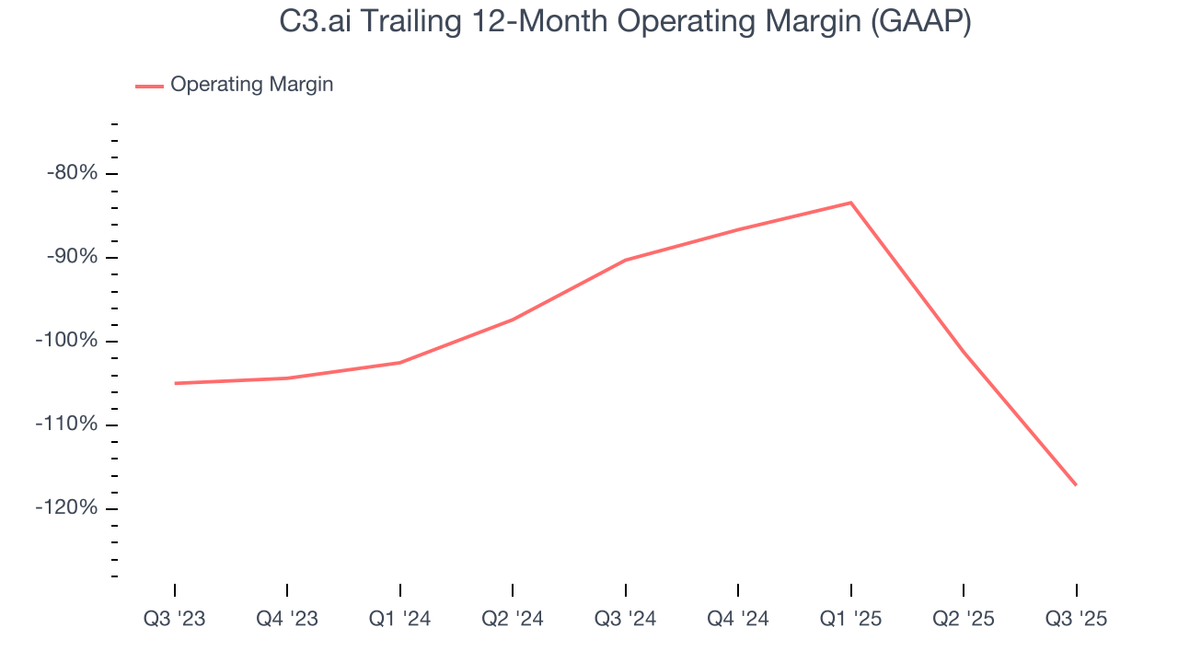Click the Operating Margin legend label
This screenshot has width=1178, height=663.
pos(251,85)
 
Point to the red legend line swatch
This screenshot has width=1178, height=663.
pos(149,86)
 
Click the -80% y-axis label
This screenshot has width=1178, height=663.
pos(72,173)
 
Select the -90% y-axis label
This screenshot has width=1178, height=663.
pos(72,257)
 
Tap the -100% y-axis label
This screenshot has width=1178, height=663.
pos(66,341)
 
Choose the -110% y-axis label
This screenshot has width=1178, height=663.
pos(66,425)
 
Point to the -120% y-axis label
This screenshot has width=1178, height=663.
pos(66,508)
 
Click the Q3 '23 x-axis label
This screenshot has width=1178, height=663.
pos(175,619)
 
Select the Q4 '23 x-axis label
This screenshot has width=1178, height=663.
pos(287,619)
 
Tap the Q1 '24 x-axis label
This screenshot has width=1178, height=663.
pos(400,619)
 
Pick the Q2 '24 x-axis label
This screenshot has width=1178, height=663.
pos(513,619)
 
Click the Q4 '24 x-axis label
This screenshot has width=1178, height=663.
pos(738,619)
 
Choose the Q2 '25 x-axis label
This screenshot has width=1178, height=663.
pos(964,619)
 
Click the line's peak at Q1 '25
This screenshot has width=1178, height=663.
pos(850,203)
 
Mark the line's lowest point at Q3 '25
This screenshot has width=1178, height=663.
pos(1076,484)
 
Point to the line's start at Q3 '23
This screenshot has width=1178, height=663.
pos(175,383)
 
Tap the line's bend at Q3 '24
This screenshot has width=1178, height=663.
pos(626,260)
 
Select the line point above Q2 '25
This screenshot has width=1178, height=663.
pos(964,353)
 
